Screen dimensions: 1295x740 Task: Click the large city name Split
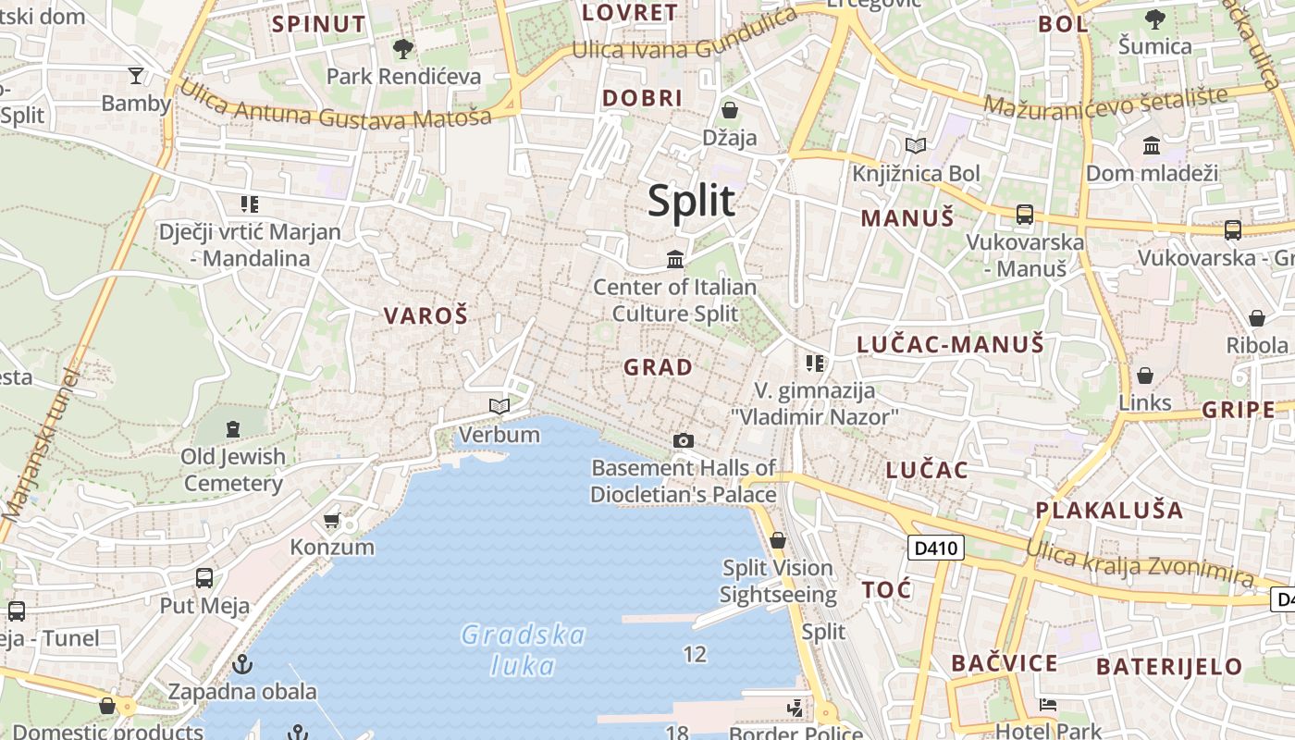[x=691, y=201]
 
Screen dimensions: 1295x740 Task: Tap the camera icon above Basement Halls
[x=683, y=440]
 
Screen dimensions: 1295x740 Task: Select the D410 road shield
[x=935, y=549]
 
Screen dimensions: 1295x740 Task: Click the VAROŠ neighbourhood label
[x=426, y=315]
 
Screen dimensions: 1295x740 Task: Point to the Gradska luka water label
[x=524, y=650]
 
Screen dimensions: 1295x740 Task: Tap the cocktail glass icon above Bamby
[x=136, y=75]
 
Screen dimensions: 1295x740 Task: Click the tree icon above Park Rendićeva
[x=402, y=48]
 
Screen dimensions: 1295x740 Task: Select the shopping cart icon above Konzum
[x=332, y=521]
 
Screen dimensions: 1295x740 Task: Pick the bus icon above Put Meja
[x=204, y=578]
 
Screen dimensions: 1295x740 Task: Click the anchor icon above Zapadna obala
[x=241, y=664]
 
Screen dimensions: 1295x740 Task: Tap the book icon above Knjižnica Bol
[x=916, y=145]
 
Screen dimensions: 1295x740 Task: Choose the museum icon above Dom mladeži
[x=1152, y=145]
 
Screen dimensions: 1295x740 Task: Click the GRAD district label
[x=658, y=367]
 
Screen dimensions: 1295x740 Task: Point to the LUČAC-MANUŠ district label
[x=950, y=345]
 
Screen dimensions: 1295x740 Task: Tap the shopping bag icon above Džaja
[x=730, y=110]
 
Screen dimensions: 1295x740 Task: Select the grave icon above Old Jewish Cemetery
[x=232, y=428]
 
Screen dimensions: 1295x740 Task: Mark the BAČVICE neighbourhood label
[x=1004, y=663]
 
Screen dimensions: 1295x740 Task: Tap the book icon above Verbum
[x=499, y=406]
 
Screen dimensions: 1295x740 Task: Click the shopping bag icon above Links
[x=1145, y=376]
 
